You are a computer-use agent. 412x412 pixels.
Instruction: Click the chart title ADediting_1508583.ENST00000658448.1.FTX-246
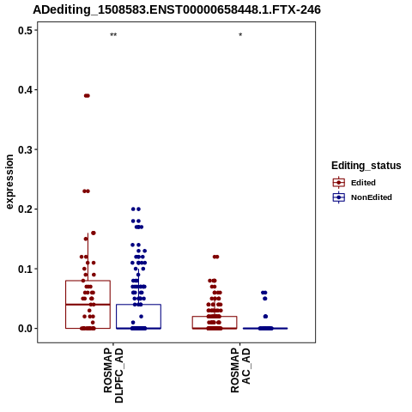pos(177,9)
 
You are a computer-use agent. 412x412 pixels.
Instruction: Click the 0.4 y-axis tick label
pos(24,90)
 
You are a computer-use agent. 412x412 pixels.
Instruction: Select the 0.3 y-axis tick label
pos(24,149)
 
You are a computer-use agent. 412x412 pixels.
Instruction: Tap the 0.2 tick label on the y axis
pos(24,209)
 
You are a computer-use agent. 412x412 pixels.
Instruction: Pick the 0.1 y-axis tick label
pos(24,269)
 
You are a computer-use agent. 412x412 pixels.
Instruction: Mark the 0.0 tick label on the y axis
pos(24,329)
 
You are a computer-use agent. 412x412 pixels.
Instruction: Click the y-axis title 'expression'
pos(9,182)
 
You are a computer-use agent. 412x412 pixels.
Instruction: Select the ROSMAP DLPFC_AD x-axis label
pos(113,375)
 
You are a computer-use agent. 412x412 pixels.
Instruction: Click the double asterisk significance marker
pos(113,35)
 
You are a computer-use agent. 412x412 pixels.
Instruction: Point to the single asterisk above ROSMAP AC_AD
pos(240,35)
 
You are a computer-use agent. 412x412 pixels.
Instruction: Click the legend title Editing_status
pos(367,166)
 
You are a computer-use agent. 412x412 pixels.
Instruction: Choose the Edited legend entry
pos(354,183)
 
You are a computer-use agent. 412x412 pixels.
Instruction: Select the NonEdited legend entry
pos(362,197)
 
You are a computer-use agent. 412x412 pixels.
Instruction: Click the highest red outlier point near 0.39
pos(87,95)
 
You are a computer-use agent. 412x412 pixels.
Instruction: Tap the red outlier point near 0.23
pos(87,191)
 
